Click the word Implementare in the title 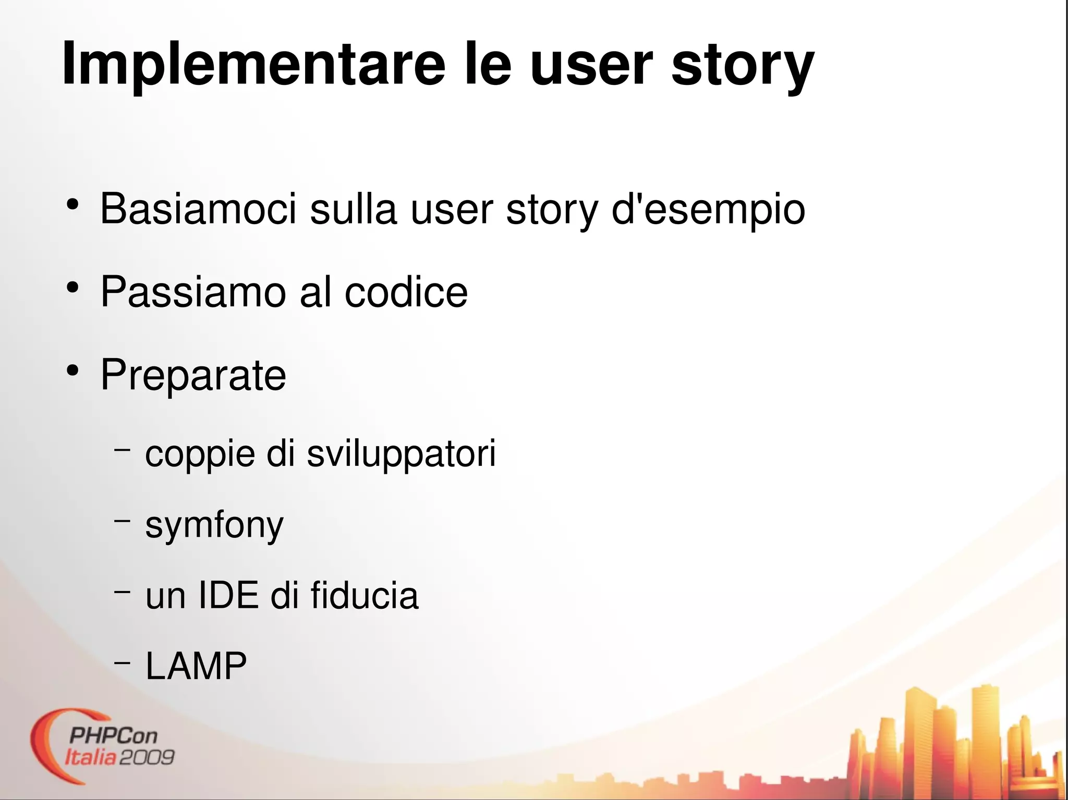coord(253,65)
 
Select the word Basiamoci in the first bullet coord(198,209)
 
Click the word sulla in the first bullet coord(353,209)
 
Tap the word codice coord(406,292)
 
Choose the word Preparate coord(193,375)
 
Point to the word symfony coord(214,525)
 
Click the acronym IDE coord(228,595)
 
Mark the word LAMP coord(196,666)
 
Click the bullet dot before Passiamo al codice coord(72,288)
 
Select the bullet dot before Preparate coord(72,371)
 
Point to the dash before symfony coord(122,520)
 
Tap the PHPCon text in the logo coord(113,735)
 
